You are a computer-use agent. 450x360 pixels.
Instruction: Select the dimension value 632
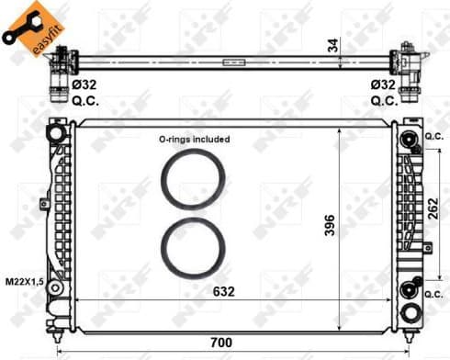(x=224, y=292)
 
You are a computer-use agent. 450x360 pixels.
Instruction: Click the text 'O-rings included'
(x=193, y=140)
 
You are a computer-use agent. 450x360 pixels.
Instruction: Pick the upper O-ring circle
(x=193, y=180)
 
